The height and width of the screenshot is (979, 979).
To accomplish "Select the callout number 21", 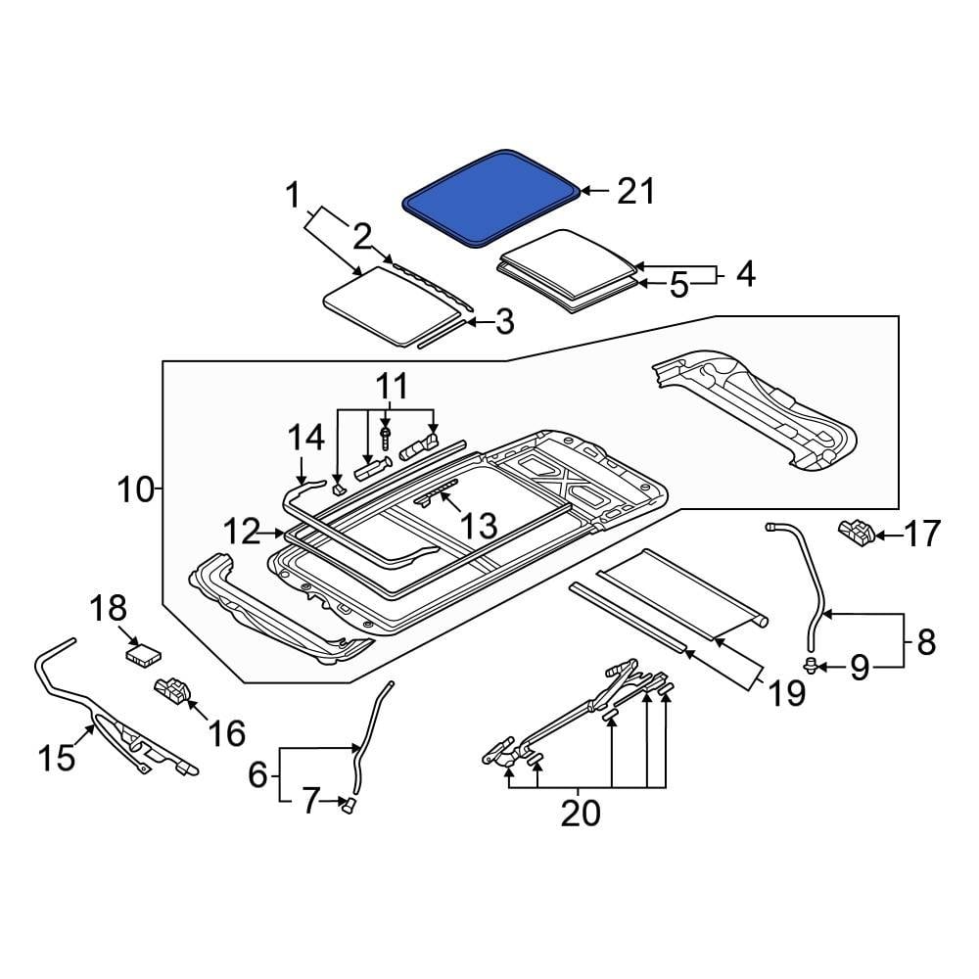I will (x=634, y=191).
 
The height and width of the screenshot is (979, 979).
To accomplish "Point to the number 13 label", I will (x=481, y=527).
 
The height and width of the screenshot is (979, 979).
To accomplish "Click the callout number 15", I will (x=58, y=756).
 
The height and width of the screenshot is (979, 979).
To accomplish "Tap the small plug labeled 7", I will (x=348, y=804).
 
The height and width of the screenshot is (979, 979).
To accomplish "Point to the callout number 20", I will (x=580, y=812).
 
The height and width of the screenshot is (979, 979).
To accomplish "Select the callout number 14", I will (x=305, y=438).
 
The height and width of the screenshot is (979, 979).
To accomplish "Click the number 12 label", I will (x=242, y=534).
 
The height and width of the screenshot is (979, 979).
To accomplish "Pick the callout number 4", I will (x=745, y=273).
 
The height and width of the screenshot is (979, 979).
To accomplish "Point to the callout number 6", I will (x=257, y=775).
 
